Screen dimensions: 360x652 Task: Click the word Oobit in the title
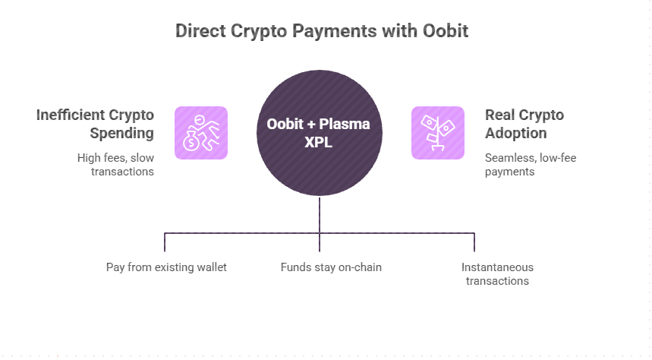click(445, 31)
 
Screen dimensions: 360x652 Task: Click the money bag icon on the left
click(201, 133)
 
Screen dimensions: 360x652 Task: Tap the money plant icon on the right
click(438, 133)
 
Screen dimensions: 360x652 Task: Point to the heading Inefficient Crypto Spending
click(95, 124)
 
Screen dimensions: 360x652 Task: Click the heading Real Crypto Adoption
click(524, 124)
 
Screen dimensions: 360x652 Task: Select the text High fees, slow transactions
click(115, 165)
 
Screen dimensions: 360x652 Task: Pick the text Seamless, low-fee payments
click(526, 165)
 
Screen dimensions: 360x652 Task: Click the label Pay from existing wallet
click(166, 267)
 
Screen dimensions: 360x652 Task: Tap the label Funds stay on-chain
click(331, 267)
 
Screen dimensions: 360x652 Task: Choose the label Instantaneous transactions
click(497, 274)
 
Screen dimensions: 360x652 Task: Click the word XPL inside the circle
click(319, 142)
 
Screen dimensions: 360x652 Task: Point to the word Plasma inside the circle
click(345, 124)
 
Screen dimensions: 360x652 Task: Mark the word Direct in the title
click(201, 31)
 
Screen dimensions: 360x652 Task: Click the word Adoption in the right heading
click(515, 133)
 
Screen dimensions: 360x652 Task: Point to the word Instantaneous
click(497, 267)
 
